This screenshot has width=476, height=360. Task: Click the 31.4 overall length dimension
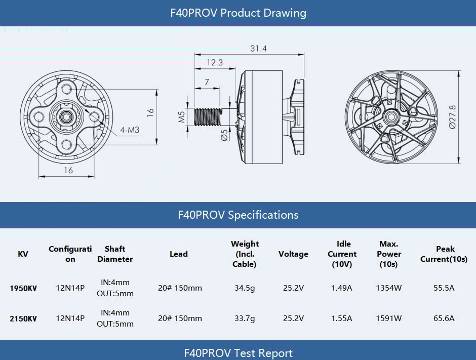[258, 49]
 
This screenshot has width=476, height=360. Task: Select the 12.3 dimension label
[214, 63]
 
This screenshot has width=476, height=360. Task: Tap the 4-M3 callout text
[130, 130]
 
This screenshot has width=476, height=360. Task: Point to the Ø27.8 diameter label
[452, 117]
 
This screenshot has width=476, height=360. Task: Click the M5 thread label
[181, 117]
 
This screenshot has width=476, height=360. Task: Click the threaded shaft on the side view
[209, 117]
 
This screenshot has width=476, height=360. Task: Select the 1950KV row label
[23, 288]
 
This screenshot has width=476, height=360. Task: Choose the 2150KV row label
[23, 318]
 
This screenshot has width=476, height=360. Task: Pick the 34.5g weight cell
[245, 288]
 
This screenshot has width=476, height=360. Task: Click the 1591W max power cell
[388, 318]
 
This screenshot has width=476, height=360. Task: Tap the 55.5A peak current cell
[444, 288]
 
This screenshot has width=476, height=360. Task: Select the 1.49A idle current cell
[342, 288]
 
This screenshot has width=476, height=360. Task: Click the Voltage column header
[293, 254]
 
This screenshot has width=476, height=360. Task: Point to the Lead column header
[178, 254]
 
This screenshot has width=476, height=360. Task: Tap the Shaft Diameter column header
[115, 254]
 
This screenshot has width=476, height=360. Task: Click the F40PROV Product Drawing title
[238, 13]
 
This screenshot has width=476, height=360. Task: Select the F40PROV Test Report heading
[238, 353]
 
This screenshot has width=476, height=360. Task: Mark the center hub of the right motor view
[390, 117]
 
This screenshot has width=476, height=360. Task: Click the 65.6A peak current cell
[444, 318]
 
